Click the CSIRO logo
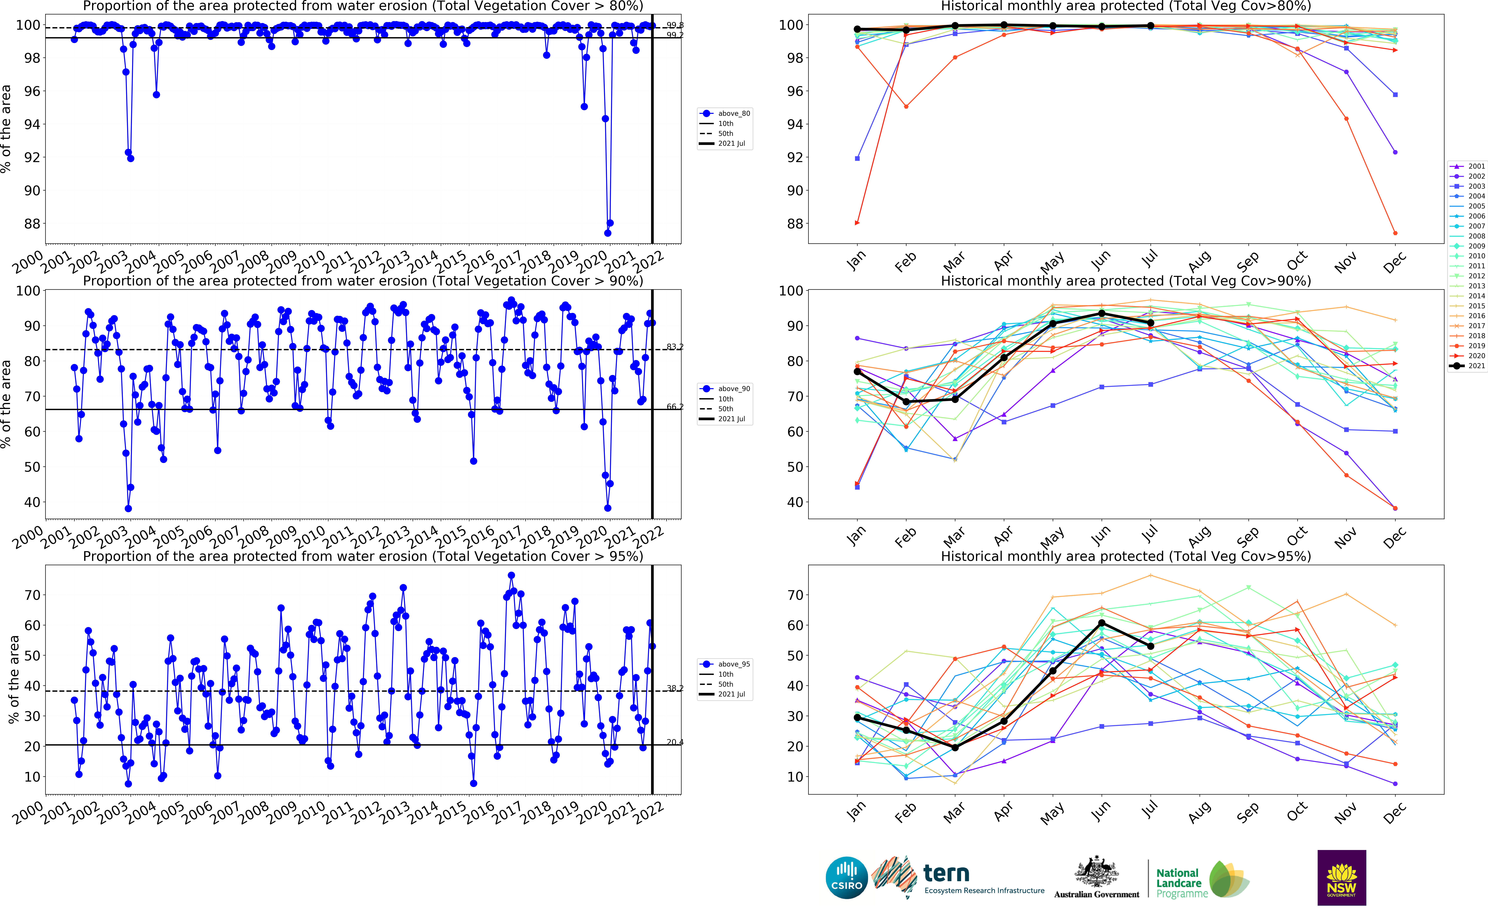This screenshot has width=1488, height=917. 846,878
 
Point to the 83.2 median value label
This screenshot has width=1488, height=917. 674,347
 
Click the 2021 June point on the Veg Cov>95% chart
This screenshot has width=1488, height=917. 1102,623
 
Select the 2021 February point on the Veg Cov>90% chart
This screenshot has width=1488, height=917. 906,402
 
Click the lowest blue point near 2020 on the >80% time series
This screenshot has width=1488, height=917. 608,233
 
